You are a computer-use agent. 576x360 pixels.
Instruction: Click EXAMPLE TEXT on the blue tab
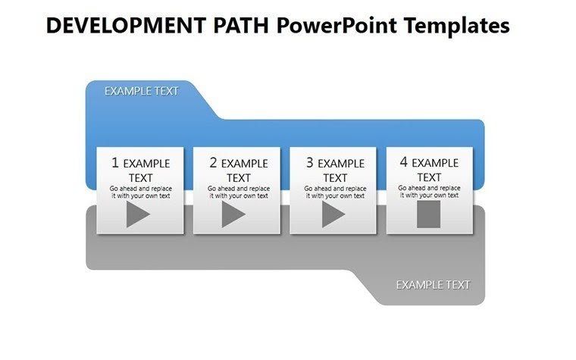point(142,91)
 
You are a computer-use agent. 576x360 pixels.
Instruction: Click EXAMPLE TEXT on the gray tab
point(433,285)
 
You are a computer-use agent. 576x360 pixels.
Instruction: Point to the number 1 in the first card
point(115,162)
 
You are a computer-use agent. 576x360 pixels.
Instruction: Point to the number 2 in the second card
point(213,162)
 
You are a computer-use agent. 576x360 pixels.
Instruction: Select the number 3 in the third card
point(310,162)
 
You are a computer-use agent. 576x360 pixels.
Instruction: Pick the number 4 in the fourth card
point(404,162)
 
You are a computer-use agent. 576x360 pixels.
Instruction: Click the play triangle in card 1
point(137,215)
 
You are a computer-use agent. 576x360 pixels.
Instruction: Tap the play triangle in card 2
point(233,215)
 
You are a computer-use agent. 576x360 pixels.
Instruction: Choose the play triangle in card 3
point(333,215)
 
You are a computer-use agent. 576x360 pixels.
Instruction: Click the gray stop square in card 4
point(429,214)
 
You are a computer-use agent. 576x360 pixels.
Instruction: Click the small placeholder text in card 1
point(140,192)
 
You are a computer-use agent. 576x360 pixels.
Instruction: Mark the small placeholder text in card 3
point(334,192)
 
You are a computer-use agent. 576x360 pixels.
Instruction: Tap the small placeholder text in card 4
point(429,192)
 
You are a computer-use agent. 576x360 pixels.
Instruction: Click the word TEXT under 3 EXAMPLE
point(335,177)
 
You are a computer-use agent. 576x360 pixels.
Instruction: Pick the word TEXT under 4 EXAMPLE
point(429,177)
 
